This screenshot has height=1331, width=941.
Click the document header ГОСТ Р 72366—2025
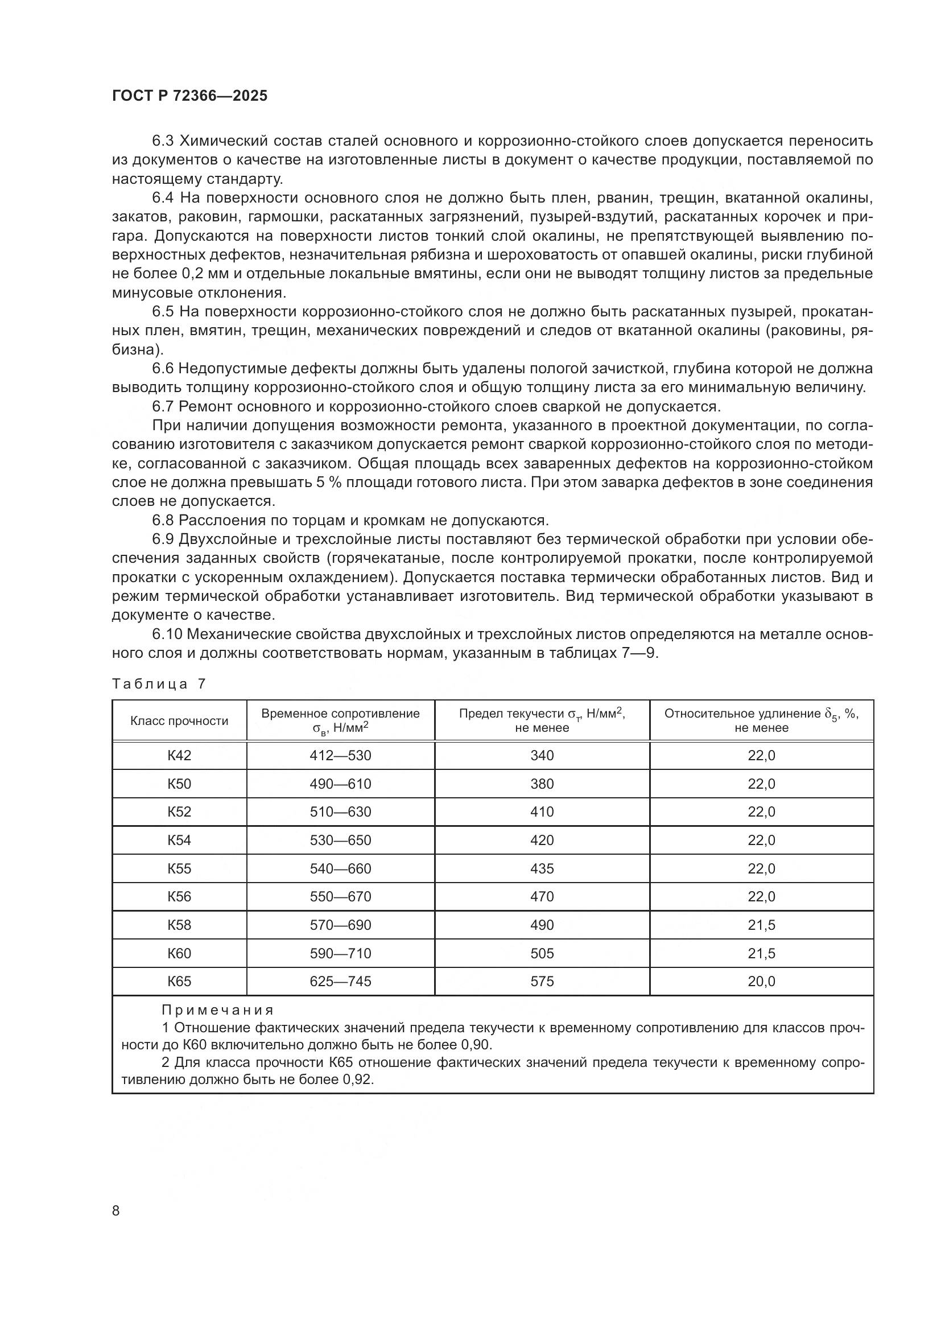click(x=189, y=96)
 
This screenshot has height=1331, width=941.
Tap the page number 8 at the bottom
click(x=116, y=1210)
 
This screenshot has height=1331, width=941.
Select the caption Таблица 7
click(x=158, y=684)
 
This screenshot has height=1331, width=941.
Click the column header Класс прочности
click(x=179, y=721)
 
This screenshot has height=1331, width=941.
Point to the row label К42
click(x=179, y=755)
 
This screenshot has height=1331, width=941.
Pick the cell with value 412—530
click(x=340, y=755)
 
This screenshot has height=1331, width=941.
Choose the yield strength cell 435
click(x=542, y=868)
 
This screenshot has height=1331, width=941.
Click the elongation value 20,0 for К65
click(x=761, y=982)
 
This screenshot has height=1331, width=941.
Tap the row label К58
click(x=179, y=925)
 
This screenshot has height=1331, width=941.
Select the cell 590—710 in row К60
click(x=340, y=953)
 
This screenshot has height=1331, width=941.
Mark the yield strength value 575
click(x=542, y=982)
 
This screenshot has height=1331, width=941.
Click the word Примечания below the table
click(x=217, y=1011)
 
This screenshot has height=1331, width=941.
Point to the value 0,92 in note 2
click(x=357, y=1079)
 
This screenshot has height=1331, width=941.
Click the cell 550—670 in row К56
click(x=340, y=896)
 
